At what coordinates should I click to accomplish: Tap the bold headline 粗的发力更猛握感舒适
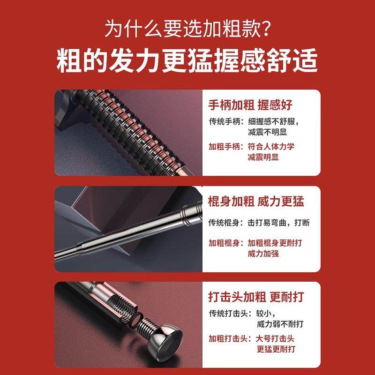[x=187, y=61]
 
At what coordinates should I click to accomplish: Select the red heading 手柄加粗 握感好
[x=250, y=105]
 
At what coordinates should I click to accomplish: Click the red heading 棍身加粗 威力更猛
[x=256, y=202]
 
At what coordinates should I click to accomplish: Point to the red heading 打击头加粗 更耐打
[x=256, y=297]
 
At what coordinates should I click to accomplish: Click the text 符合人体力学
[x=271, y=147]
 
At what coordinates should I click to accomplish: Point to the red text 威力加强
[x=263, y=254]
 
